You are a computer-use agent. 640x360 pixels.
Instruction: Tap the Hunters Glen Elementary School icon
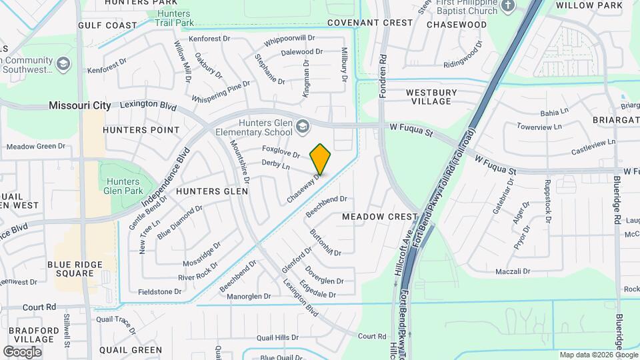pyautogui.click(x=303, y=126)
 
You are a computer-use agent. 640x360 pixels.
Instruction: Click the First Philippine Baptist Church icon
pyautogui.click(x=508, y=6)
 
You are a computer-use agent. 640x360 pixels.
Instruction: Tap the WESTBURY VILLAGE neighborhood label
pyautogui.click(x=431, y=97)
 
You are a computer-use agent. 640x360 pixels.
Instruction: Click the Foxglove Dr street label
pyautogui.click(x=281, y=151)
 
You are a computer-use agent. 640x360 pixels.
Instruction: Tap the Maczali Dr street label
pyautogui.click(x=513, y=272)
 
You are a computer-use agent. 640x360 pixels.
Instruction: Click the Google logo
pyautogui.click(x=23, y=351)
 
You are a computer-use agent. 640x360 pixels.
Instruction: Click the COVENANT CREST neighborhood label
pyautogui.click(x=370, y=23)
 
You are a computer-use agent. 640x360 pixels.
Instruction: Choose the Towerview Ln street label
pyautogui.click(x=540, y=126)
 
